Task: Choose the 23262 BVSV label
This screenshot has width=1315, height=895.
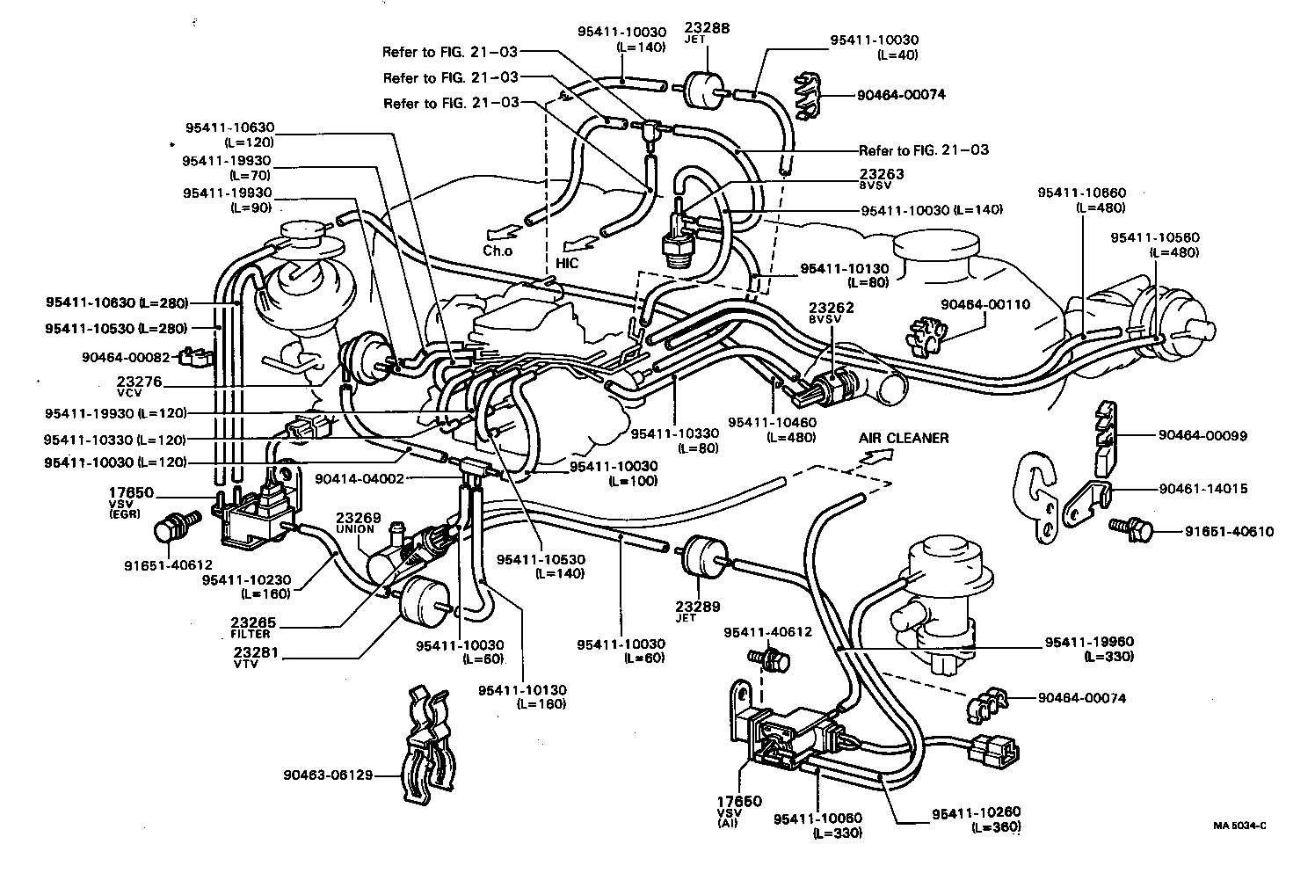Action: [x=831, y=313]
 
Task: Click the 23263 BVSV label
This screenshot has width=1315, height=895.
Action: [x=881, y=178]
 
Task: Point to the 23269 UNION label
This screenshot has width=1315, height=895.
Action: [x=356, y=523]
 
